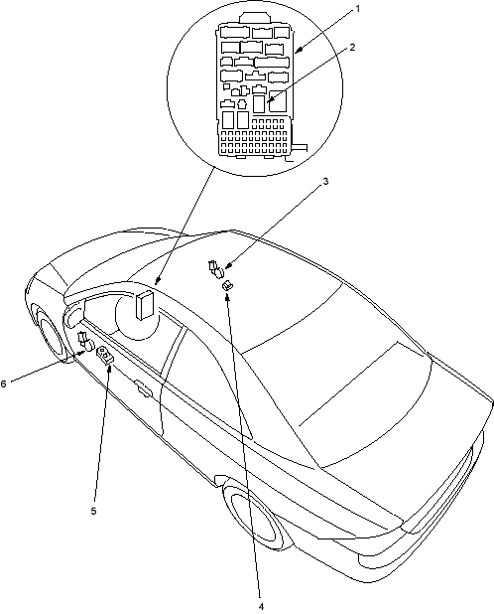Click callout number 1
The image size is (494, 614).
coord(357,9)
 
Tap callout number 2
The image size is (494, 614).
coord(352,48)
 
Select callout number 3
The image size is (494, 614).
coord(325,182)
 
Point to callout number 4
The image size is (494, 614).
coord(262,606)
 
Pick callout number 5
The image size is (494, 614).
coord(94,511)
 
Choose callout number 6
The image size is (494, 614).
coord(4,384)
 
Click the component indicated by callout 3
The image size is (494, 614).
coord(215,269)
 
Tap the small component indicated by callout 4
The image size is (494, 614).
coord(227,286)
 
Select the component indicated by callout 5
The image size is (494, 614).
coord(105,355)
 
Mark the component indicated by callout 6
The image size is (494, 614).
coord(86,342)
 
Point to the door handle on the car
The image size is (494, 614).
coord(143,387)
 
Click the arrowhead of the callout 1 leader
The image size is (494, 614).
coord(297,51)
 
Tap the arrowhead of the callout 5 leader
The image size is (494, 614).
coord(110,368)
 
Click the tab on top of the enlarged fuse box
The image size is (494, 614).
coord(255,18)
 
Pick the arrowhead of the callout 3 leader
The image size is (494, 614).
coord(227,266)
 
